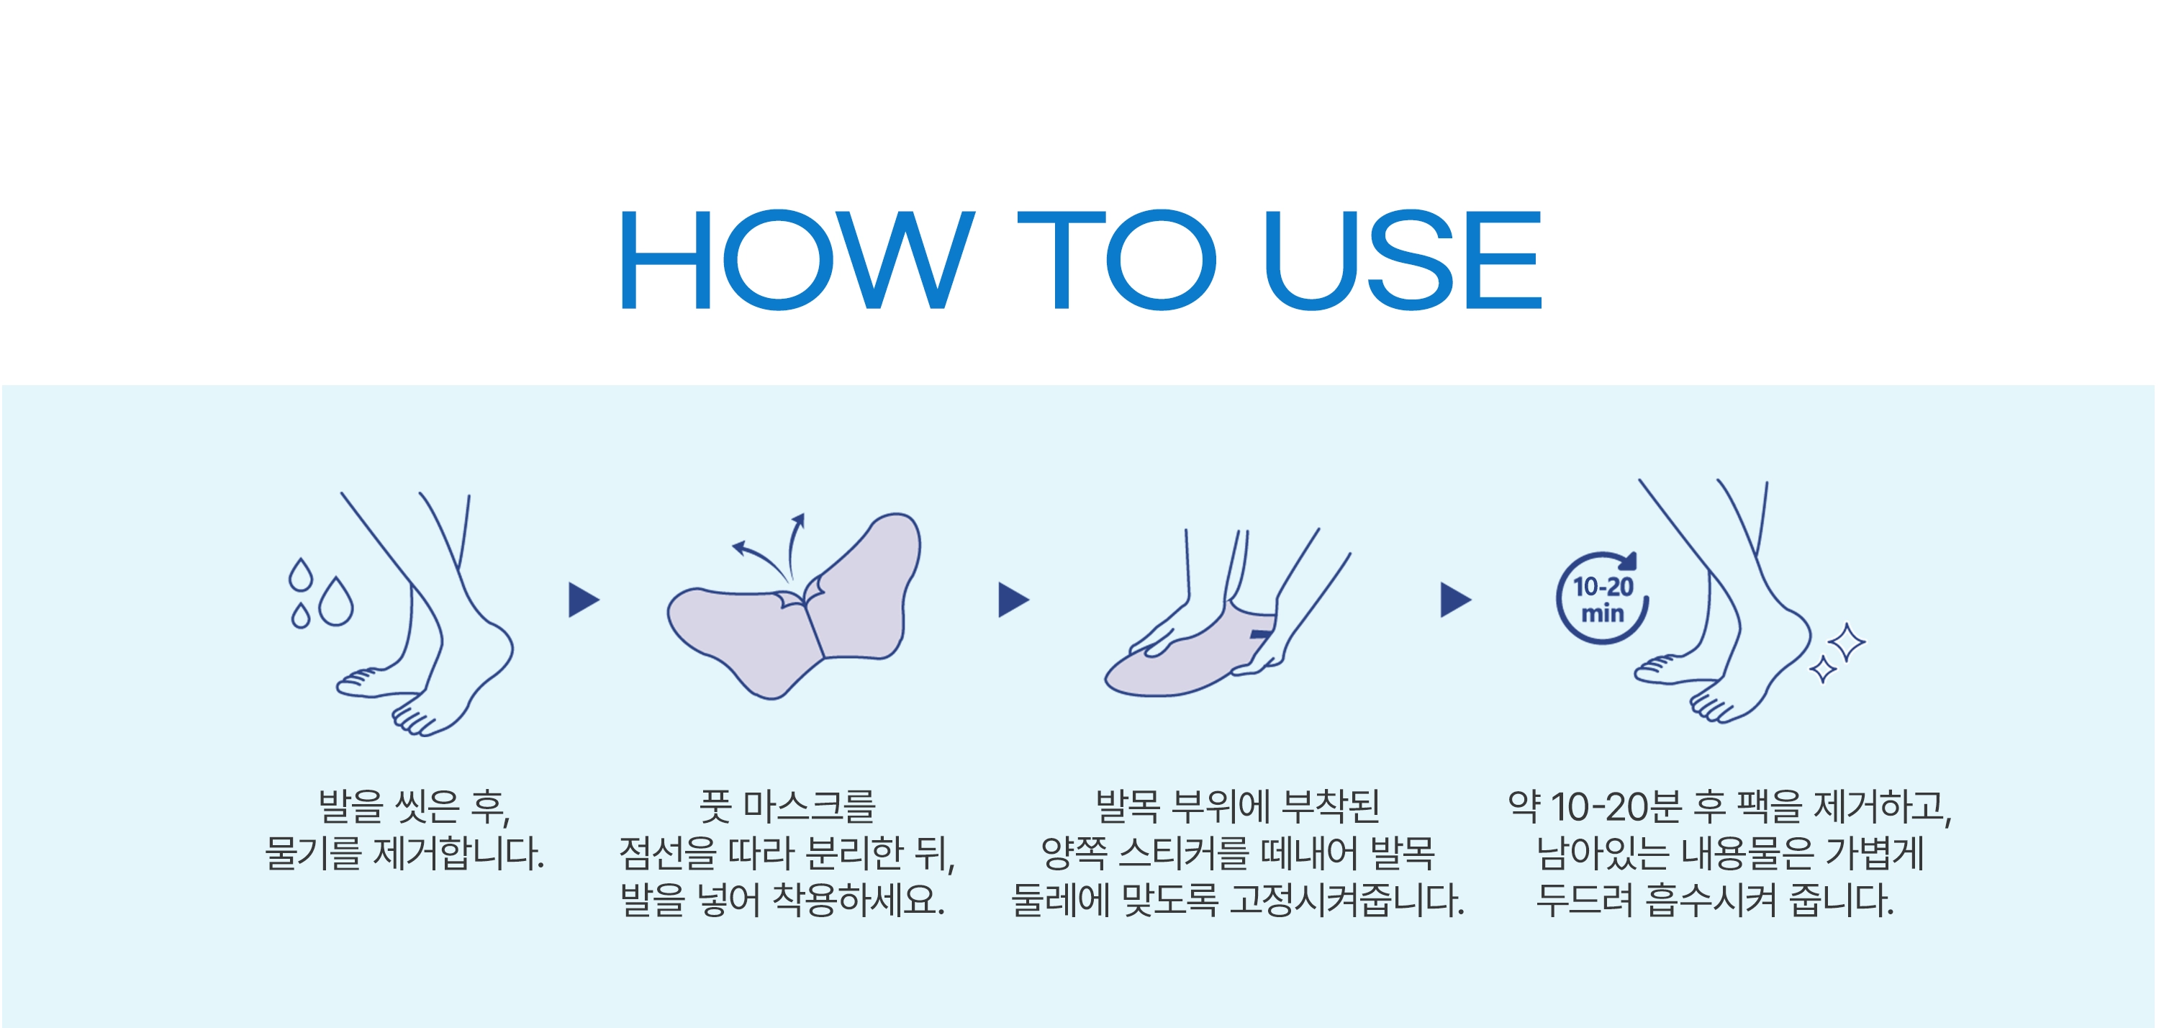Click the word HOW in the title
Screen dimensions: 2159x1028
pos(798,259)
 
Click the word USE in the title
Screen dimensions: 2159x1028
pos(1403,259)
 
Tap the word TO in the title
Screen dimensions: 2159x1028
pos(1116,259)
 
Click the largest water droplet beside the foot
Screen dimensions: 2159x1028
pos(336,600)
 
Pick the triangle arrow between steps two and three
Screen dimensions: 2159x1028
pos(1013,600)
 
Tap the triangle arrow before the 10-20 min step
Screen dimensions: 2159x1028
pos(1456,600)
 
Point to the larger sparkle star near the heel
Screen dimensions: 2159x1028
pos(1847,643)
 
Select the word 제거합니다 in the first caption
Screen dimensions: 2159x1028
pos(459,854)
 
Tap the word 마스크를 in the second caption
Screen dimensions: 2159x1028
pos(810,807)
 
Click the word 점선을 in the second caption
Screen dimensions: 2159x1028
pos(668,854)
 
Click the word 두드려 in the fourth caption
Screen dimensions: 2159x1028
pos(1584,901)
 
